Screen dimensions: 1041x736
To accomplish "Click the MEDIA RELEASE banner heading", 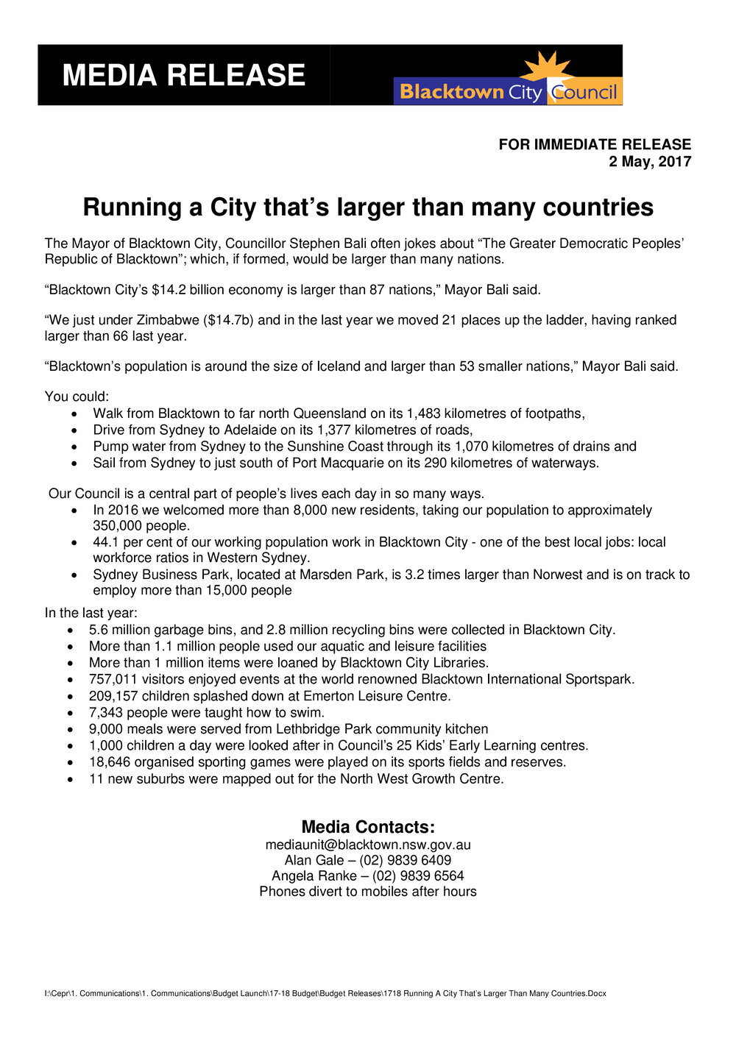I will tap(183, 76).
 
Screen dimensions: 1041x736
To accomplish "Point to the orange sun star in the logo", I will tap(546, 66).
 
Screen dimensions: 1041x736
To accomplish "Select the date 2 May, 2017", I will tap(650, 162).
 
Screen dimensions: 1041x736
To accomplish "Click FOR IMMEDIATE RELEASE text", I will tap(595, 144).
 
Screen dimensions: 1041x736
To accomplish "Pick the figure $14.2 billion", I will tap(194, 290).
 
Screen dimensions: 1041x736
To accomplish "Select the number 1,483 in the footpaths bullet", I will tap(423, 413).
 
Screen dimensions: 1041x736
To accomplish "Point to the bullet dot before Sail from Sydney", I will tap(75, 463).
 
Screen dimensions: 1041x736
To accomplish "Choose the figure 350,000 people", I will tap(141, 526).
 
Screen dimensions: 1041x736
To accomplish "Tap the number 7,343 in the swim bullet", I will tap(105, 712).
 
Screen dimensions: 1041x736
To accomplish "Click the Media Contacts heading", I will tap(368, 827).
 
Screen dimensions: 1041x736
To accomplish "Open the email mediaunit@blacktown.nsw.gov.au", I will tap(368, 845).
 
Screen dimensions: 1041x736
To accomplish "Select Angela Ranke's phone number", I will tap(418, 875).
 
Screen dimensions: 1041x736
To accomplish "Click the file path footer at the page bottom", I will tap(325, 993).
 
